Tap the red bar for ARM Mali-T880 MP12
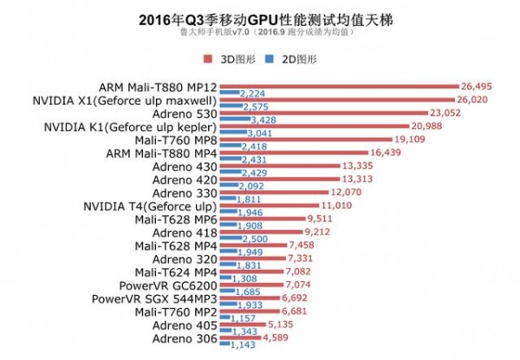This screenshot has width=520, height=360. click(x=339, y=87)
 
